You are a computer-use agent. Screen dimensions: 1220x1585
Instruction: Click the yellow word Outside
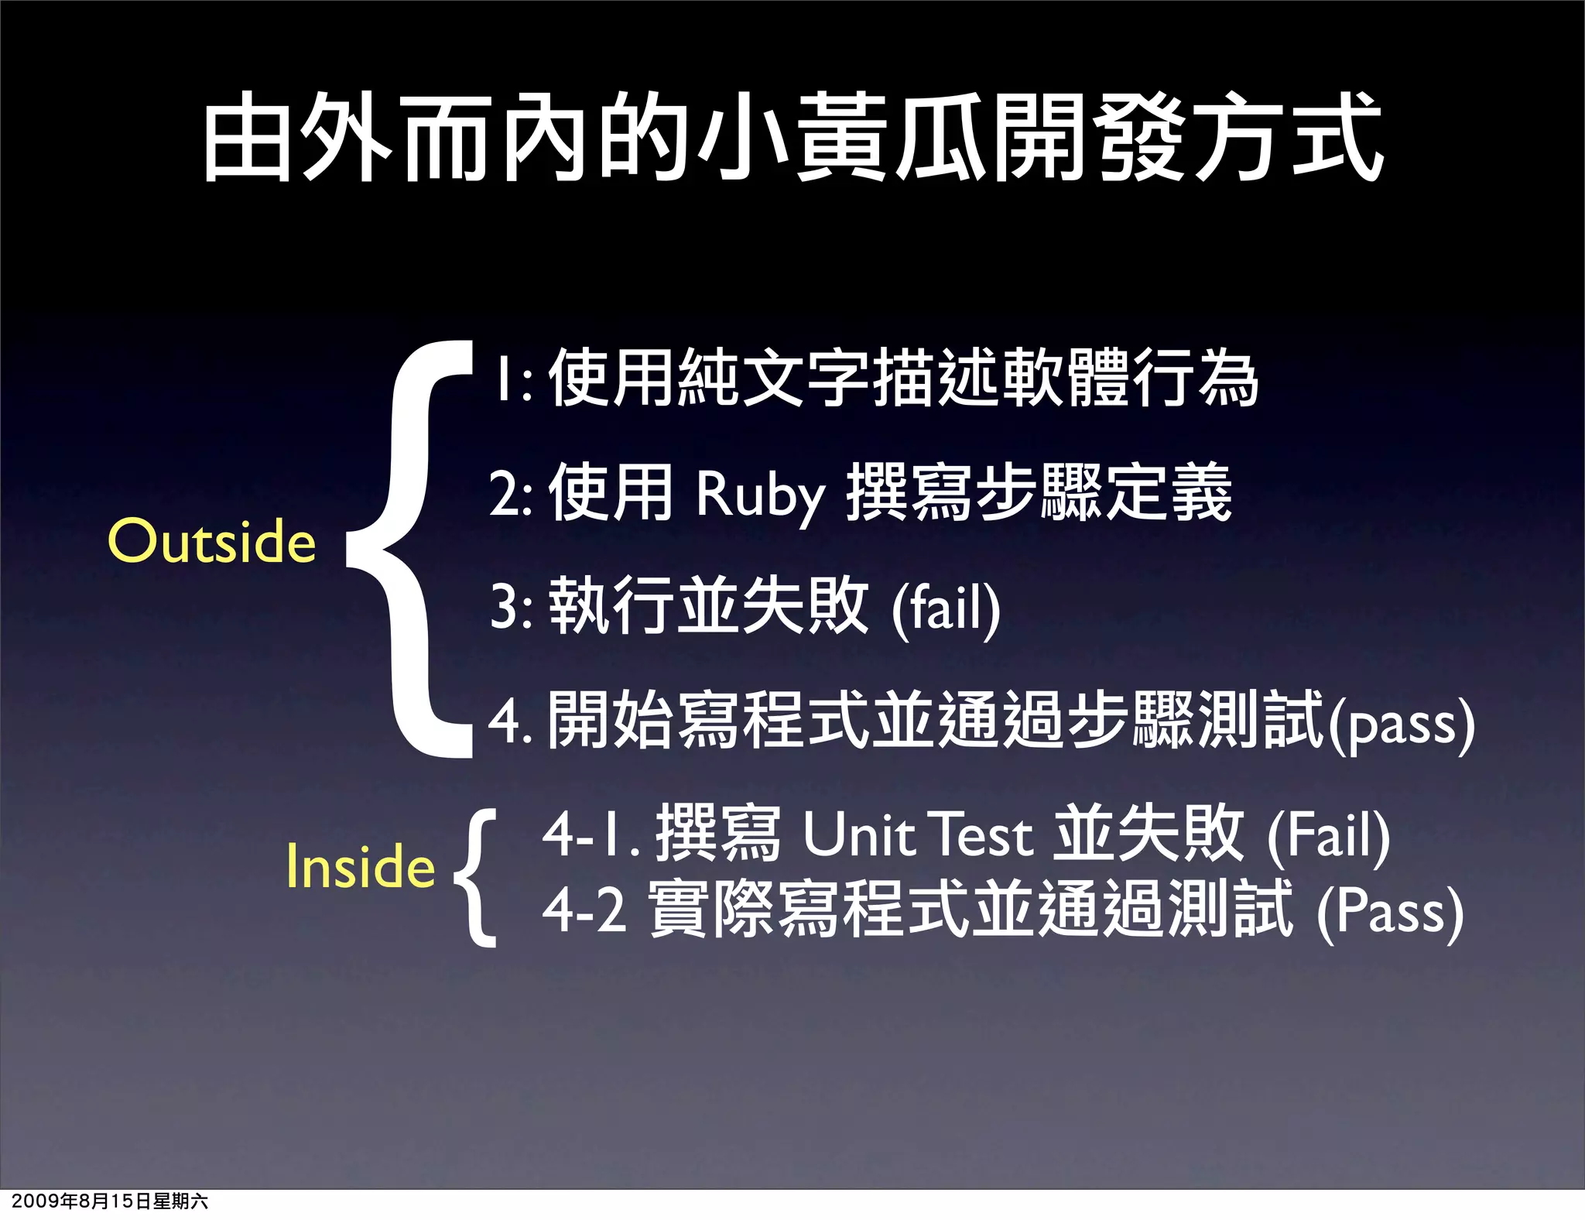pos(212,541)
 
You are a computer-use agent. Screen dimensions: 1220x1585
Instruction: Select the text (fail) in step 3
pos(946,608)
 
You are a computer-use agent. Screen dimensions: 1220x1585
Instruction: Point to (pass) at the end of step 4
pos(1402,725)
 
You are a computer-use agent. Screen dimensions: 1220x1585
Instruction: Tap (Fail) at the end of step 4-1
pos(1328,836)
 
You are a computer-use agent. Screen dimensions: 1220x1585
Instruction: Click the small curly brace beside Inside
pos(475,878)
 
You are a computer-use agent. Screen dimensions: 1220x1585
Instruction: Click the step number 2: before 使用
pos(511,494)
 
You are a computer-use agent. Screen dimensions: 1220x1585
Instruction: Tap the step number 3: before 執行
pos(512,608)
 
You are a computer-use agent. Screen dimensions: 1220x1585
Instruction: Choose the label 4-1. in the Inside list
pos(591,836)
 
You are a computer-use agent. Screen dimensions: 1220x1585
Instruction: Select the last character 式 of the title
pos(1337,138)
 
